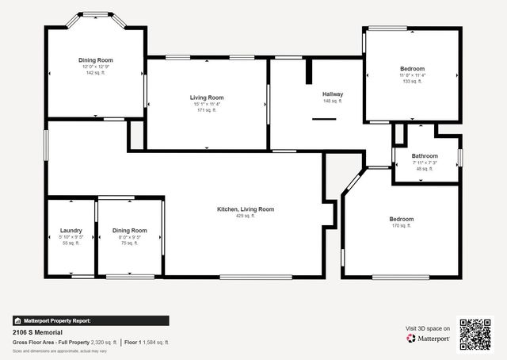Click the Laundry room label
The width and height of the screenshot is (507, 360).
pyautogui.click(x=71, y=231)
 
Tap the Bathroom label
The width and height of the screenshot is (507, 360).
pyautogui.click(x=425, y=156)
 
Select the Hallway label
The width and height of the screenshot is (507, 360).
pyautogui.click(x=332, y=94)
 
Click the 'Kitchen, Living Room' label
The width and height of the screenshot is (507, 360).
pyautogui.click(x=246, y=209)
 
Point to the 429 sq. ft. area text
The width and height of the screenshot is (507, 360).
pyautogui.click(x=246, y=216)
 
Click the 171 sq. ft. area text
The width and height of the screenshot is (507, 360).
pyautogui.click(x=207, y=110)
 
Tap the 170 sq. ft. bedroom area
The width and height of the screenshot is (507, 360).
pyautogui.click(x=401, y=226)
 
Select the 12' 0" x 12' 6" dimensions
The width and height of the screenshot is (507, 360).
pyautogui.click(x=96, y=67)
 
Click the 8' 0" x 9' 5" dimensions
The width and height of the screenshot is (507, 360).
pyautogui.click(x=129, y=237)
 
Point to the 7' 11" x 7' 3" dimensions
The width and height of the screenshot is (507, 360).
pyautogui.click(x=425, y=163)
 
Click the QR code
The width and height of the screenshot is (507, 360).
pyautogui.click(x=475, y=335)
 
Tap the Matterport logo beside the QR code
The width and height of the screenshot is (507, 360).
pyautogui.click(x=429, y=338)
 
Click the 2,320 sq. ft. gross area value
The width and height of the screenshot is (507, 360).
pyautogui.click(x=103, y=343)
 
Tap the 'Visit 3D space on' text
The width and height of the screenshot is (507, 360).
pyautogui.click(x=428, y=327)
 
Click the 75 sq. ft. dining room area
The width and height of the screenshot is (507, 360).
pyautogui.click(x=129, y=243)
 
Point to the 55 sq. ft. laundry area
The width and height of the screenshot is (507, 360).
pyautogui.click(x=71, y=243)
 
